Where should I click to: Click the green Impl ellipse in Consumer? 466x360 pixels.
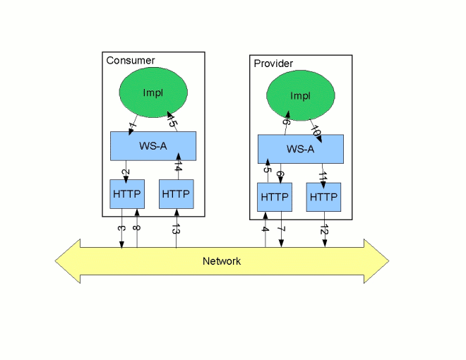point(153,93)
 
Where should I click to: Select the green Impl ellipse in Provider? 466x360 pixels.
point(301,96)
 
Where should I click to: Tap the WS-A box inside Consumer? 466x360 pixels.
point(153,146)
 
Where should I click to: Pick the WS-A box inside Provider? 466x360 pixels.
point(301,149)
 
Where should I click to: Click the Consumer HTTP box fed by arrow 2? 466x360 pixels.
point(127,194)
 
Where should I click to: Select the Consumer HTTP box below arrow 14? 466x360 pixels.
point(176,194)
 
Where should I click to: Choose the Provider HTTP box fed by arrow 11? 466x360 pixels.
point(323,197)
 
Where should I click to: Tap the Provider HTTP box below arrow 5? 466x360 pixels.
point(275,197)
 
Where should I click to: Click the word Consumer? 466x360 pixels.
point(131,61)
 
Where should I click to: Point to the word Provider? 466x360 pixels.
point(273,64)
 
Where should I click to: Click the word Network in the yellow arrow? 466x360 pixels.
point(222,261)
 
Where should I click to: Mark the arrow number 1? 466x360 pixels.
point(131,127)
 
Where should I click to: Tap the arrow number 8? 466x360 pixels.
point(137,227)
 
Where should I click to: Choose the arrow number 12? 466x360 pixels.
point(325,230)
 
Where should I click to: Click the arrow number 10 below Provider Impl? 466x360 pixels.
point(316,131)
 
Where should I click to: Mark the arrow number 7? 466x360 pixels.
point(281,230)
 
